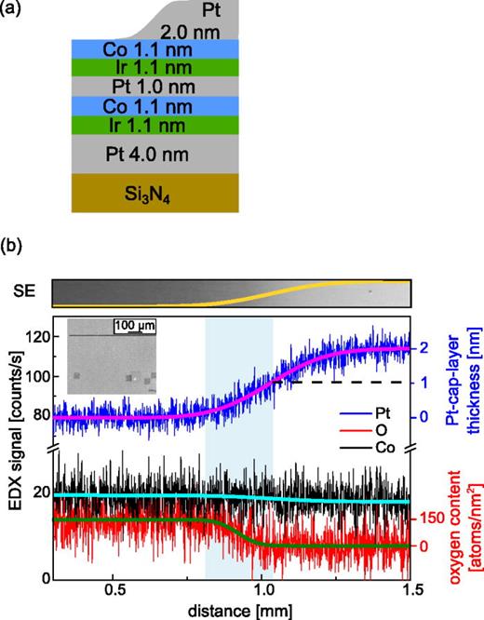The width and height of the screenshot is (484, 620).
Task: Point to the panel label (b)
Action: [x=15, y=249]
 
